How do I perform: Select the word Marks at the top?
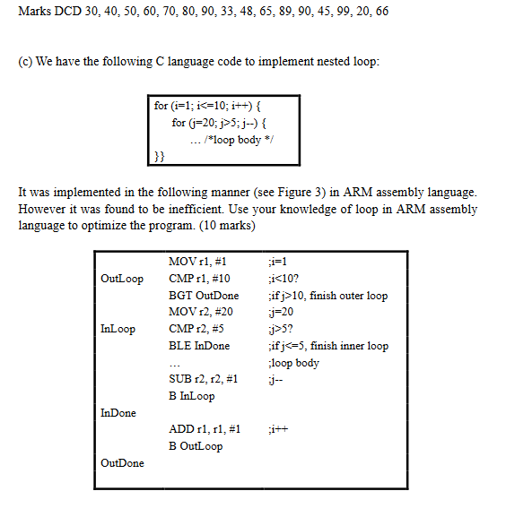33,12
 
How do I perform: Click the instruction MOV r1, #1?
197,262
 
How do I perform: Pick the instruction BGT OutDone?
204,296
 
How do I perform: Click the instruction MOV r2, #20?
201,312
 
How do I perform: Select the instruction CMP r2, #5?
197,329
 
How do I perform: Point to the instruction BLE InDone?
199,346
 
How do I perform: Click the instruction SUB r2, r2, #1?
203,379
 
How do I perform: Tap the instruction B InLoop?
192,396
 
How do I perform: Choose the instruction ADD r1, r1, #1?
205,429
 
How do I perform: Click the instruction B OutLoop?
196,446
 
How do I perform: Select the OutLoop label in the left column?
122,279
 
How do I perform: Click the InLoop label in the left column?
118,329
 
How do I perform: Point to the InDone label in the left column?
118,412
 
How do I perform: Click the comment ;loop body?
293,363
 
